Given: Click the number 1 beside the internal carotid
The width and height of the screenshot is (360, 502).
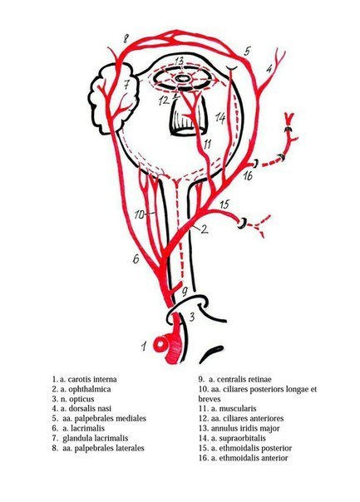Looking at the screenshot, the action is [x=145, y=346].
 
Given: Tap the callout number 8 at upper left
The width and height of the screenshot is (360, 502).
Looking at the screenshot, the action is [x=126, y=39].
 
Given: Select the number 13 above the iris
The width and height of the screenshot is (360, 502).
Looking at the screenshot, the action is [x=179, y=61].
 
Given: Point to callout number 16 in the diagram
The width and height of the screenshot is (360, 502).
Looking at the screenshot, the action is [x=248, y=175].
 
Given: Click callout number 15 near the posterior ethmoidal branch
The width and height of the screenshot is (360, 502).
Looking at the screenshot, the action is [x=224, y=204].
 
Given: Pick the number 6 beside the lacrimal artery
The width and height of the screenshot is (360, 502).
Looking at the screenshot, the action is [x=136, y=258].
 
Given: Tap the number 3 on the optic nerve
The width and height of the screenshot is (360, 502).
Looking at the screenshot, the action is [x=192, y=317].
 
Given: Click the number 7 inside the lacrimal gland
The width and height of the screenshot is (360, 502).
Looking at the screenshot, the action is [x=127, y=85].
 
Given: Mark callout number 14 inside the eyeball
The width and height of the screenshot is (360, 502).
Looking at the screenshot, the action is [x=220, y=117].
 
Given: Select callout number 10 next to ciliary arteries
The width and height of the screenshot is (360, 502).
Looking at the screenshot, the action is [x=140, y=214].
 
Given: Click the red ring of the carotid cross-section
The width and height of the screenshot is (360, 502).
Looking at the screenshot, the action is [x=160, y=344].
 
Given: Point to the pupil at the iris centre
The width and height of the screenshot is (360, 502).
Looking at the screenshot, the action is [x=182, y=77].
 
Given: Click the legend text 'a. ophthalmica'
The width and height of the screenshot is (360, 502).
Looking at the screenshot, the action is [x=86, y=389].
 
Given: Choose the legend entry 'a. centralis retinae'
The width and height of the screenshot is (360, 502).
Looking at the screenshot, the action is [x=240, y=379].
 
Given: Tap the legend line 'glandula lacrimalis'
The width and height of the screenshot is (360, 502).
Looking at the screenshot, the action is [x=95, y=438].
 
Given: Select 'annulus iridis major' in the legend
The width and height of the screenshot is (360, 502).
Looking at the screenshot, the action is [x=245, y=428].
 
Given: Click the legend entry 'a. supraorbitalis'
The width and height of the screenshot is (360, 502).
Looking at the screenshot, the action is [x=239, y=438].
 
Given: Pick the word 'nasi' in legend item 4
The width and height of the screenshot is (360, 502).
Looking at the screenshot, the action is [x=105, y=409].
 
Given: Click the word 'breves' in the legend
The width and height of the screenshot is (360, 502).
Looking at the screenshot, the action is [x=210, y=399].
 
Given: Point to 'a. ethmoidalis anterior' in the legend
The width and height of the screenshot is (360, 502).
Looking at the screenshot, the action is [x=249, y=458].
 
